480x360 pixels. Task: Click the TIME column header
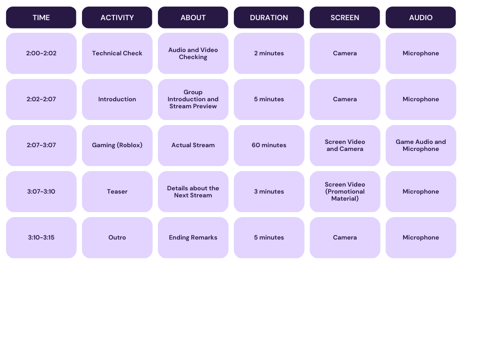[41, 17]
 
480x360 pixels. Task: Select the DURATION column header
[269, 17]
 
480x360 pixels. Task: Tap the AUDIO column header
[420, 17]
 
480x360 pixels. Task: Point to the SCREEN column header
[345, 17]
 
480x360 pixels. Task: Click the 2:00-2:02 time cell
[41, 53]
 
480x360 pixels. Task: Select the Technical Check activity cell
[117, 53]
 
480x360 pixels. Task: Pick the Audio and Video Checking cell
[193, 53]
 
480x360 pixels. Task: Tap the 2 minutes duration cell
[269, 53]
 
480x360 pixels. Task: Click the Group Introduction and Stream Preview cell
[193, 99]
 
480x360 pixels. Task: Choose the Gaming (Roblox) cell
[117, 145]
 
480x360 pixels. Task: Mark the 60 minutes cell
[269, 145]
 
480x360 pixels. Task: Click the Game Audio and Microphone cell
[420, 145]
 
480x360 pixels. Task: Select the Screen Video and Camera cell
[345, 145]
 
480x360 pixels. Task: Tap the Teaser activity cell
[117, 191]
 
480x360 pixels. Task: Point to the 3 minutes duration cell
[269, 191]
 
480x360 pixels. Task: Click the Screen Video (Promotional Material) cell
[345, 191]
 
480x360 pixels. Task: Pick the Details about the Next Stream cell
[193, 191]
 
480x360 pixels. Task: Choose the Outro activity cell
[117, 238]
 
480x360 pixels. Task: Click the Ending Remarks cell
[193, 238]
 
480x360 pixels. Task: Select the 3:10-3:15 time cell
[41, 238]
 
